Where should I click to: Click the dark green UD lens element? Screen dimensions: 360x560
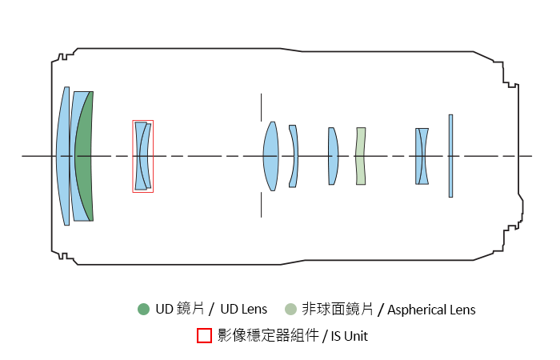85,156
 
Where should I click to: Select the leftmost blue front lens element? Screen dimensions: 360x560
63,156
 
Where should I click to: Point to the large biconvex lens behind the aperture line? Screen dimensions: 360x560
270,156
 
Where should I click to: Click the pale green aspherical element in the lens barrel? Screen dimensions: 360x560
361,156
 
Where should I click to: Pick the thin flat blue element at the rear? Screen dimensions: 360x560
450,156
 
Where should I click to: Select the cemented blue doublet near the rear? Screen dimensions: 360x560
422,156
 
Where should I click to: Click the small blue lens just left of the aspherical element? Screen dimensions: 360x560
332,156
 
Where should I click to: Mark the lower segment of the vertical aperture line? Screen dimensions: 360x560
261,204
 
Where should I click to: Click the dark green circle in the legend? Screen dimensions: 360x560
143,310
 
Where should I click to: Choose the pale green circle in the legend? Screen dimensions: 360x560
290,310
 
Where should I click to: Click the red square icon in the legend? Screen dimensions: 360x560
204,335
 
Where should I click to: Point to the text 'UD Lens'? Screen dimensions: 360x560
245,310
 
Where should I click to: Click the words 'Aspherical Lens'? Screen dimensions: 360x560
431,310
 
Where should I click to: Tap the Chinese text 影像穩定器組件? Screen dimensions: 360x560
267,336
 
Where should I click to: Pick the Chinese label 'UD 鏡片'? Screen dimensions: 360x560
182,310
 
